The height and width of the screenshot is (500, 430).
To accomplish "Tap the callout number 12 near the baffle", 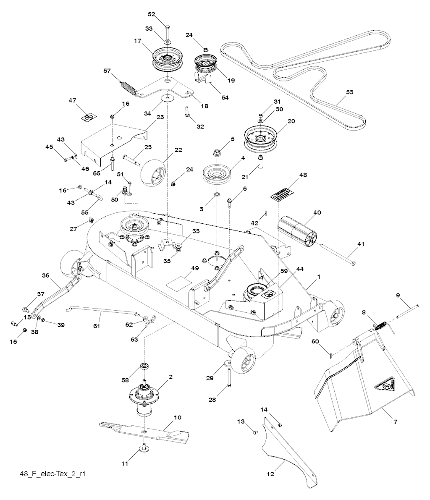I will (x=270, y=474).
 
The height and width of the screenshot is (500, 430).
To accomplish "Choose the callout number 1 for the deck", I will (x=319, y=277).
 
